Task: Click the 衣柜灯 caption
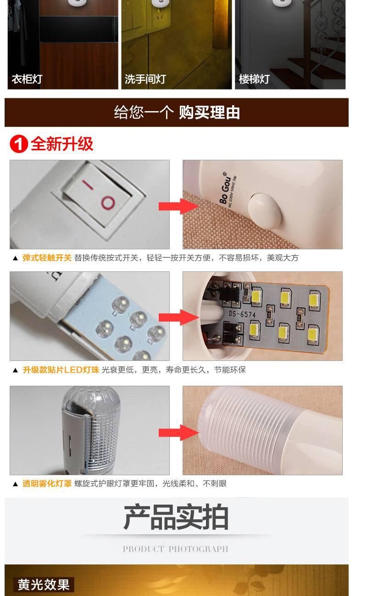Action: pyautogui.click(x=27, y=79)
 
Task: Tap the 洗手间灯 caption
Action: pyautogui.click(x=145, y=79)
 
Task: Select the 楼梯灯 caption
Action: pyautogui.click(x=254, y=79)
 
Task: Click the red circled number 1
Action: pyautogui.click(x=19, y=144)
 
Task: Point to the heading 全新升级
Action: pyautogui.click(x=62, y=144)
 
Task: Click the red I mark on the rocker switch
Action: pyautogui.click(x=88, y=185)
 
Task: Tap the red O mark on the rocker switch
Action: pyautogui.click(x=108, y=203)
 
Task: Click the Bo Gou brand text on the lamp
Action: pyautogui.click(x=225, y=188)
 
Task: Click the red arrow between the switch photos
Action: pyautogui.click(x=178, y=206)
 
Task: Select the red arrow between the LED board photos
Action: pyautogui.click(x=178, y=317)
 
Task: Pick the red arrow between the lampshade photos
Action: pyautogui.click(x=178, y=433)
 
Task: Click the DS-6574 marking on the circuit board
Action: pyautogui.click(x=242, y=314)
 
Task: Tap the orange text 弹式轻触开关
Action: pyautogui.click(x=47, y=258)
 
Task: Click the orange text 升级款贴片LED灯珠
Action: pyautogui.click(x=61, y=370)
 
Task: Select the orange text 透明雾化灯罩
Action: pyautogui.click(x=47, y=484)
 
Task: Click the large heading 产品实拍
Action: pyautogui.click(x=176, y=517)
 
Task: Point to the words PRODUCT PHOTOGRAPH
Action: pyautogui.click(x=175, y=549)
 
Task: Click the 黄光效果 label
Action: pyautogui.click(x=44, y=585)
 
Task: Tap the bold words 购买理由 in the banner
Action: pyautogui.click(x=209, y=112)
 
